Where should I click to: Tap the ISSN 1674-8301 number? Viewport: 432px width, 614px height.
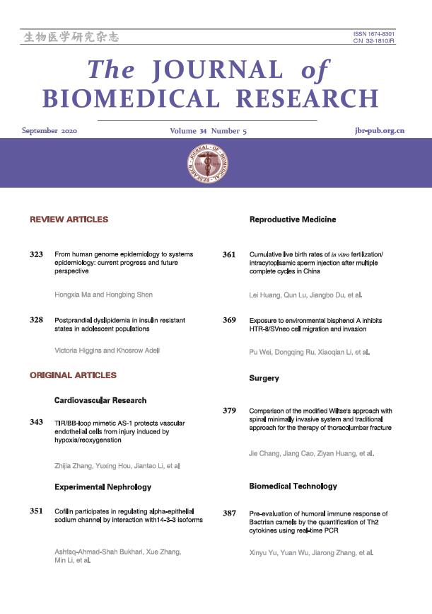(374, 35)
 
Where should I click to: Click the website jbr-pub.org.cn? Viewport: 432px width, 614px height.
(380, 132)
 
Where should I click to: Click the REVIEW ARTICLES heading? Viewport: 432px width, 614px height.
(69, 220)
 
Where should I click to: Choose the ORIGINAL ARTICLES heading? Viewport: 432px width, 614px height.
(73, 375)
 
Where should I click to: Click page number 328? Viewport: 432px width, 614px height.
(37, 321)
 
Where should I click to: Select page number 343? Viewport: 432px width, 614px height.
(37, 423)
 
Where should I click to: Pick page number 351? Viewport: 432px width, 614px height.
(37, 511)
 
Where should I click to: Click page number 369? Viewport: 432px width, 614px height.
(229, 321)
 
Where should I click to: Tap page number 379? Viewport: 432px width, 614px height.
(229, 410)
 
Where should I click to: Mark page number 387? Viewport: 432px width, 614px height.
(229, 513)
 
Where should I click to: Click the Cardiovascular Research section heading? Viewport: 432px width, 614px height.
(100, 401)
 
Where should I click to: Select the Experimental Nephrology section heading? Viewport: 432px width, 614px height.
(103, 488)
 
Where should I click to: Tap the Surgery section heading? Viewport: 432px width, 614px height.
(264, 378)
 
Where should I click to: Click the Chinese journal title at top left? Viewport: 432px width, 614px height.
(71, 38)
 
